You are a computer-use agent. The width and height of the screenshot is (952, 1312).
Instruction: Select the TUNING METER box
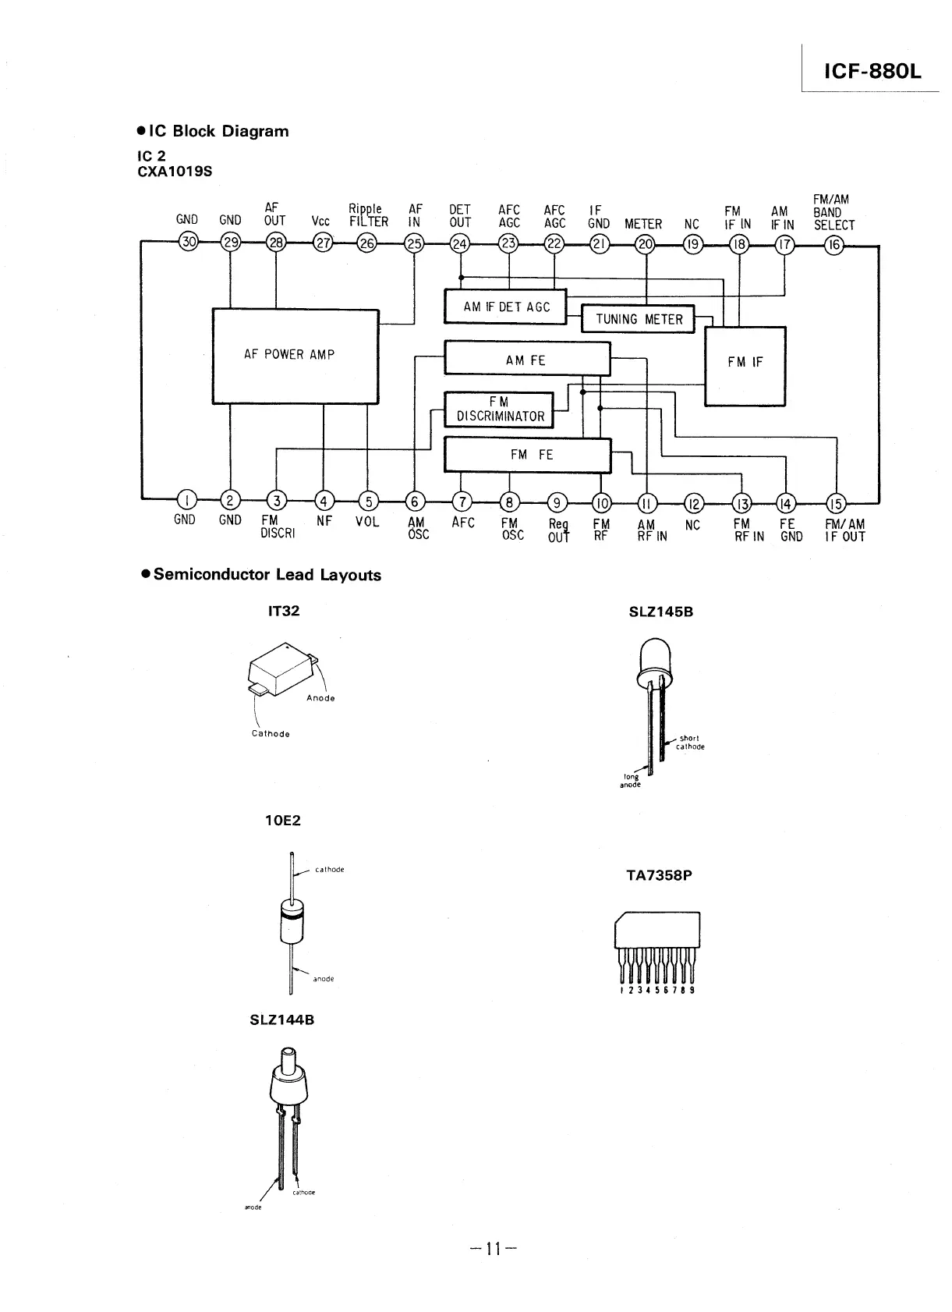pos(639,319)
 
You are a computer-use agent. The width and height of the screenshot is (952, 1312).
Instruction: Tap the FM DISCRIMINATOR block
pos(499,410)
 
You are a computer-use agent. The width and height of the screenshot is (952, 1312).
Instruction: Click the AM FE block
pos(527,360)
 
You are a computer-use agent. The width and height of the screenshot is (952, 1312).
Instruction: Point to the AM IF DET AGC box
pos(505,307)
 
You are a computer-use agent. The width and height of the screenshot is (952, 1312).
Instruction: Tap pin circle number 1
pos(186,500)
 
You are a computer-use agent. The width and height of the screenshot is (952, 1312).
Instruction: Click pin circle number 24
pos(461,243)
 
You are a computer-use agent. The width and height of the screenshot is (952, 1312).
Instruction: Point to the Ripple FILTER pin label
pos(367,215)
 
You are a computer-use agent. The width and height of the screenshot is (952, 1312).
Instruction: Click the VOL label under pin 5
pos(367,521)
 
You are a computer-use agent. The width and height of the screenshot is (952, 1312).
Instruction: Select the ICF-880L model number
pos(872,72)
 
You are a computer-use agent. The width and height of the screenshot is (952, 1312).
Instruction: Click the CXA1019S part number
pos(174,172)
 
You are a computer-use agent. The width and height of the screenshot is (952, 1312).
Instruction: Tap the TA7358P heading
pos(659,875)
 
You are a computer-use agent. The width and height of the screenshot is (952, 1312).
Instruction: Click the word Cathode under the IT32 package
pos(271,734)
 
